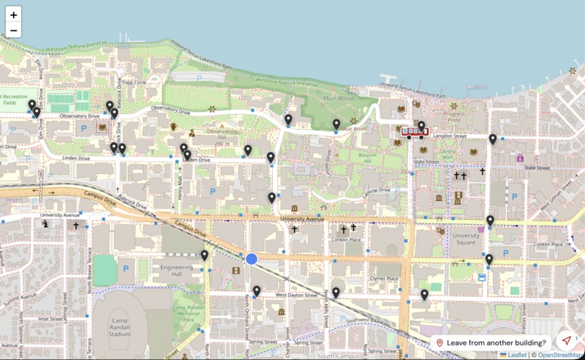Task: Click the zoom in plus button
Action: tap(13, 15)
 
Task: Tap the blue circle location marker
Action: tap(251, 259)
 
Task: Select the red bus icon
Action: tap(414, 132)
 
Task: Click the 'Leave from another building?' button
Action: tap(496, 343)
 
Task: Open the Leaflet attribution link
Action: tap(517, 355)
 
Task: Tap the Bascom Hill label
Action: tap(370, 159)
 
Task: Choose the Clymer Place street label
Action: tap(384, 279)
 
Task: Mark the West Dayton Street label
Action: tap(296, 295)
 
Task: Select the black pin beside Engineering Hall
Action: tap(205, 255)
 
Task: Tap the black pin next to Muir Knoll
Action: tap(336, 125)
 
